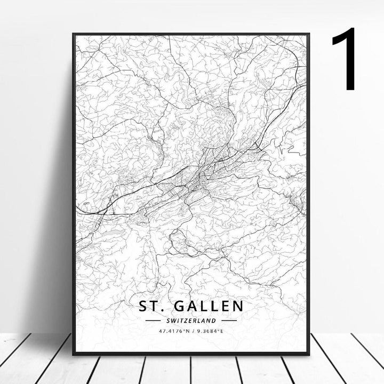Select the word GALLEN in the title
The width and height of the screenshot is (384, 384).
pyautogui.click(x=208, y=306)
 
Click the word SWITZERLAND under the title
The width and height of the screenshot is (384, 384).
pyautogui.click(x=191, y=321)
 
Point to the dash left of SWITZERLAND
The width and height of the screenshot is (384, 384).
pyautogui.click(x=153, y=321)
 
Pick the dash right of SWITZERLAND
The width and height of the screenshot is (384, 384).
pyautogui.click(x=229, y=321)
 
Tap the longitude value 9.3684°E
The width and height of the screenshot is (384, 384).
pyautogui.click(x=212, y=331)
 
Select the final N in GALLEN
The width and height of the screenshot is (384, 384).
pyautogui.click(x=237, y=306)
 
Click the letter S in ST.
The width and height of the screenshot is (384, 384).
pyautogui.click(x=144, y=306)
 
